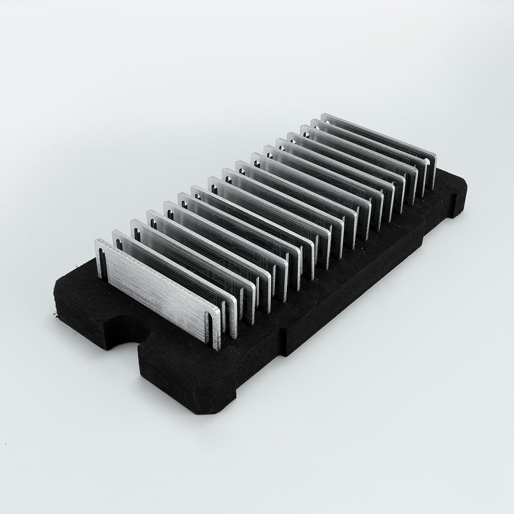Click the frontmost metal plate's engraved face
click(157, 290)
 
